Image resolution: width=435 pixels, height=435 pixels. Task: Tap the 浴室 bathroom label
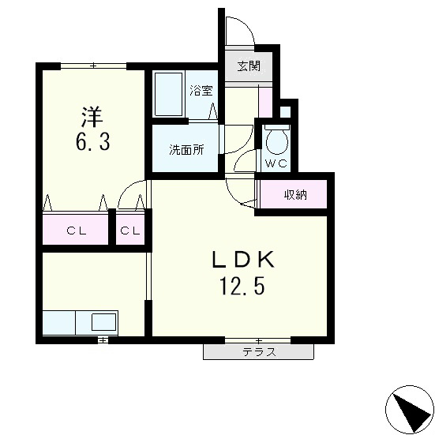[x=201, y=90]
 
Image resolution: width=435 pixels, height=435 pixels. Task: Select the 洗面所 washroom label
[x=187, y=149]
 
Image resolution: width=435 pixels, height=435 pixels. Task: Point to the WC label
[x=276, y=163]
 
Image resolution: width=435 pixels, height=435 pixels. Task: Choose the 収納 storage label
[x=295, y=194]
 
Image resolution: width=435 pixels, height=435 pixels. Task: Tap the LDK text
[x=242, y=260]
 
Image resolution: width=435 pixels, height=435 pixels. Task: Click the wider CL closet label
[x=76, y=231]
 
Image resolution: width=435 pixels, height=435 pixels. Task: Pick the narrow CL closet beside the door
[x=131, y=231]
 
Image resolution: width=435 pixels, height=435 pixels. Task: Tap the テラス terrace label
[x=259, y=352]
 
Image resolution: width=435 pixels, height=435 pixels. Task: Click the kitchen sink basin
[x=103, y=321]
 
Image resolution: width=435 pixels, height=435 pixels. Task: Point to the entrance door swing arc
[x=238, y=30]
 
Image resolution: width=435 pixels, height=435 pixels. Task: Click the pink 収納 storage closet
[x=292, y=195]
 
